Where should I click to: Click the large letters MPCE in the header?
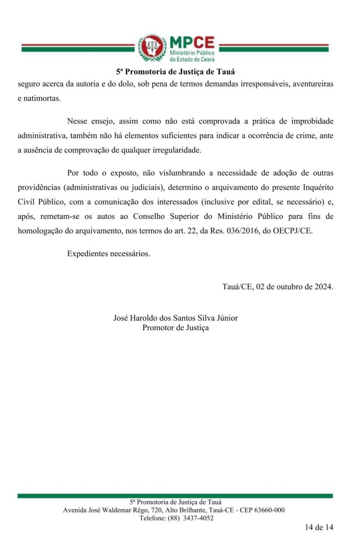(192, 43)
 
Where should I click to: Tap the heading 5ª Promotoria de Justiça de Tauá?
(176, 72)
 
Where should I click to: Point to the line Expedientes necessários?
(108, 253)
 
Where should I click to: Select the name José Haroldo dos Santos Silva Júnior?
(176, 318)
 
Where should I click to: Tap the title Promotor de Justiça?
(176, 328)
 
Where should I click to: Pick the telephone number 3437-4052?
(197, 518)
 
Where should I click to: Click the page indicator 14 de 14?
(319, 527)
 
